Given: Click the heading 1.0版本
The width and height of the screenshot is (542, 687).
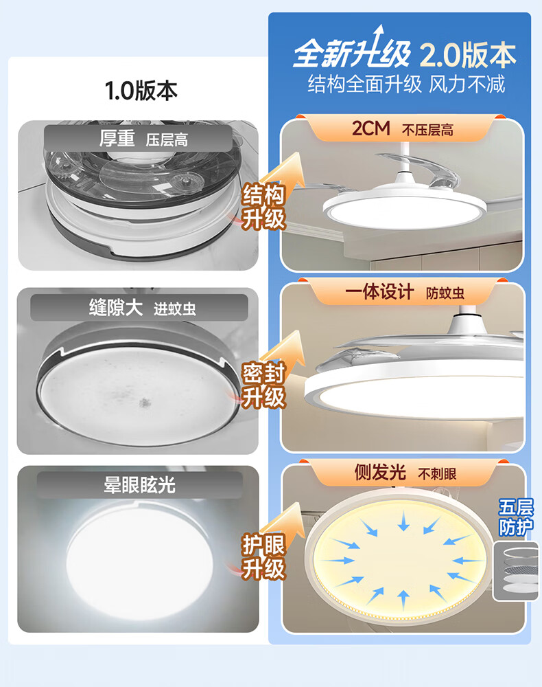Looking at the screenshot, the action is pos(141,90).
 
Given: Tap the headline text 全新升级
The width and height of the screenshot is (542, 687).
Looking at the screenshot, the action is pos(352,54).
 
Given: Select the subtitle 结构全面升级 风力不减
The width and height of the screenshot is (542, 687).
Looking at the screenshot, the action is pos(406,84).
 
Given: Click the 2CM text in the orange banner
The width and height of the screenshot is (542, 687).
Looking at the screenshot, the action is pos(370,128).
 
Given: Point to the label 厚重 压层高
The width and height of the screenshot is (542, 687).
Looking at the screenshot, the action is pos(143,139).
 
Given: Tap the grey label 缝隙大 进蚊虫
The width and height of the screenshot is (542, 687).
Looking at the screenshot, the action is pos(142,308).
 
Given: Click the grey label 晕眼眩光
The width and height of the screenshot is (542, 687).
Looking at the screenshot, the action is pos(139,484).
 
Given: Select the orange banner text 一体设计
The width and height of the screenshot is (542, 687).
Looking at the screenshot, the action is pos(379,292).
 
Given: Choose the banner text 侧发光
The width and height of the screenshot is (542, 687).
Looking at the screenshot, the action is pos(379,473).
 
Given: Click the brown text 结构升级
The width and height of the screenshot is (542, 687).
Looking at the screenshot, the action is pos(263,206).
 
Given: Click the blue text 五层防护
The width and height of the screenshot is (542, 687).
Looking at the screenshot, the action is pos(516,517).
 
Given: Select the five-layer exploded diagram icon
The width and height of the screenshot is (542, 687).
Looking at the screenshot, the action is pos(517,572).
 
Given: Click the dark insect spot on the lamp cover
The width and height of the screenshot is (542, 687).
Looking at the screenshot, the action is pos(144,402).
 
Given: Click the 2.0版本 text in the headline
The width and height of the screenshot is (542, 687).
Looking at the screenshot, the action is pos(468,55).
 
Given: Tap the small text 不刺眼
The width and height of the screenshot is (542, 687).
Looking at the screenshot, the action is pos(437,473).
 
